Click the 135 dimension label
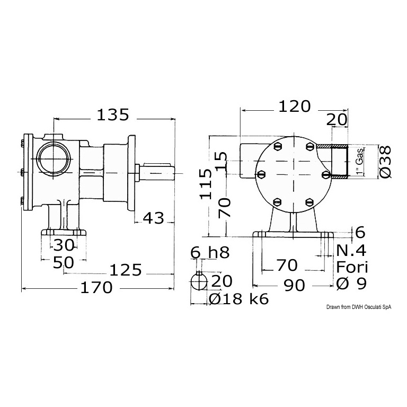[113, 115]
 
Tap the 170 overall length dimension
[96, 288]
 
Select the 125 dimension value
[126, 270]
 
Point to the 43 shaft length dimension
[154, 218]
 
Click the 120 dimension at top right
[294, 106]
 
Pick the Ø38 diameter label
[385, 162]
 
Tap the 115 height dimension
[206, 183]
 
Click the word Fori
[352, 267]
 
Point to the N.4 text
[351, 251]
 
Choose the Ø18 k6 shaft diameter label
[238, 299]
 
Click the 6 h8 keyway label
[210, 252]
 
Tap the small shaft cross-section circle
[199, 282]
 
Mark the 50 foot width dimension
[64, 263]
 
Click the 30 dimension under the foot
[64, 245]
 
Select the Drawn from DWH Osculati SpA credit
[359, 307]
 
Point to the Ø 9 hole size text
[351, 284]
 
